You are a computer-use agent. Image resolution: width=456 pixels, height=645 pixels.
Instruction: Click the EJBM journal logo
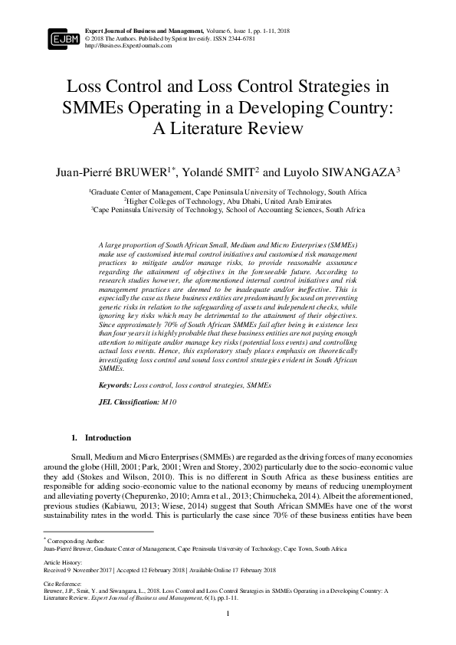pyautogui.click(x=64, y=36)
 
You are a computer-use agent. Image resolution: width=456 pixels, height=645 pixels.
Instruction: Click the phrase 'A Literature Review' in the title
pyautogui.click(x=228, y=128)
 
